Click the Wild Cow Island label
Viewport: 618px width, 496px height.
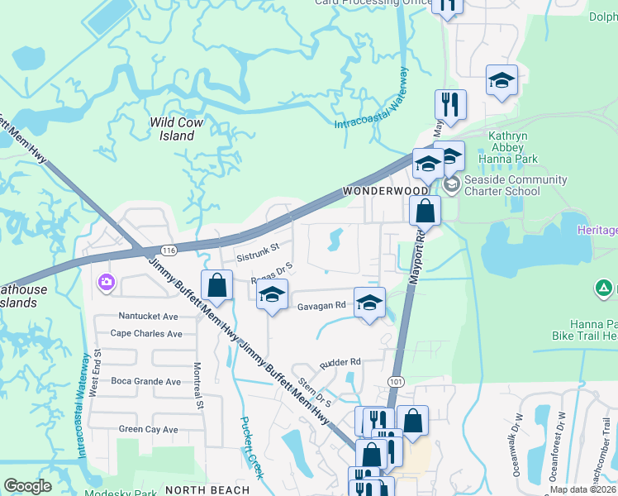(176, 129)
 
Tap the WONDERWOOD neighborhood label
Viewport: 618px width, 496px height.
(377, 191)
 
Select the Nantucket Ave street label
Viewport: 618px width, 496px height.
(149, 316)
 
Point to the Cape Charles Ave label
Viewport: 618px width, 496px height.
(146, 334)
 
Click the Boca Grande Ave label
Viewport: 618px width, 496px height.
(145, 382)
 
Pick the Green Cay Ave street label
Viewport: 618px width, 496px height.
(149, 430)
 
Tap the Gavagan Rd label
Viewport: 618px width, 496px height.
(322, 306)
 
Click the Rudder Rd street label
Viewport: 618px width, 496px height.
(340, 362)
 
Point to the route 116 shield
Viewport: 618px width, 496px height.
(169, 250)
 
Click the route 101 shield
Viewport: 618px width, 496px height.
(395, 381)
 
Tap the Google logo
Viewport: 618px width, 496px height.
(27, 486)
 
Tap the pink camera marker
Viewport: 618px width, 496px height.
(106, 283)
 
